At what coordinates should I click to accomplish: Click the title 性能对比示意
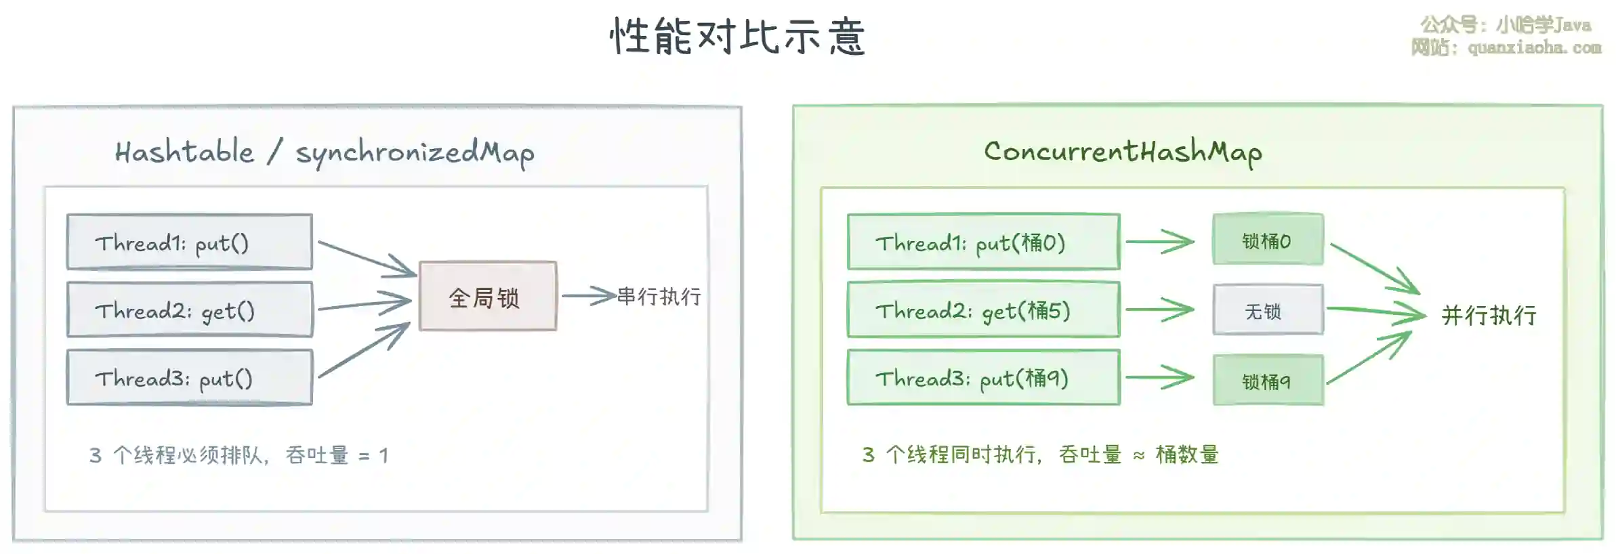click(x=737, y=36)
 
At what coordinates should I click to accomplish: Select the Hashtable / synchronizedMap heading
click(x=324, y=152)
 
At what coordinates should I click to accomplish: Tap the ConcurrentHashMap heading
click(x=1123, y=152)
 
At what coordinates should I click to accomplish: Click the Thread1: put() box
click(x=190, y=242)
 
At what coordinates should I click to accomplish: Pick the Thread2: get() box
click(x=190, y=310)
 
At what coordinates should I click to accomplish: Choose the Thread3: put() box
click(x=190, y=377)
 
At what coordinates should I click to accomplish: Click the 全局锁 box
click(x=488, y=296)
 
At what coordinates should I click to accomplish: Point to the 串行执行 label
click(x=659, y=296)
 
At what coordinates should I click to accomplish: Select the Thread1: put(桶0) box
click(x=983, y=242)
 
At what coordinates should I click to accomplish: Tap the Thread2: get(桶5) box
click(x=983, y=310)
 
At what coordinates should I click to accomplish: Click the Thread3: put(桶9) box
click(x=983, y=377)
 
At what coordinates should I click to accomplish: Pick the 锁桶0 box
click(x=1268, y=240)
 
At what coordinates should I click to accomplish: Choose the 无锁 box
click(x=1268, y=310)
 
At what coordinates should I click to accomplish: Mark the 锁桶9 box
click(x=1268, y=381)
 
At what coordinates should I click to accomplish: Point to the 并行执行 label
click(x=1489, y=315)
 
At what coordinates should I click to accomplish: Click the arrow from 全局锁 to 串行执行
click(x=588, y=296)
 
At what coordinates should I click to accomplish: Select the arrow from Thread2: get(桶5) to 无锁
click(x=1159, y=310)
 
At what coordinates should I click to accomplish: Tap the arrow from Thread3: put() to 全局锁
click(x=365, y=350)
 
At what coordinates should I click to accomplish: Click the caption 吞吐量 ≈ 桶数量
click(x=1139, y=454)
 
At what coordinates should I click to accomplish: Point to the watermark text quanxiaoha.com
click(x=1534, y=47)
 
